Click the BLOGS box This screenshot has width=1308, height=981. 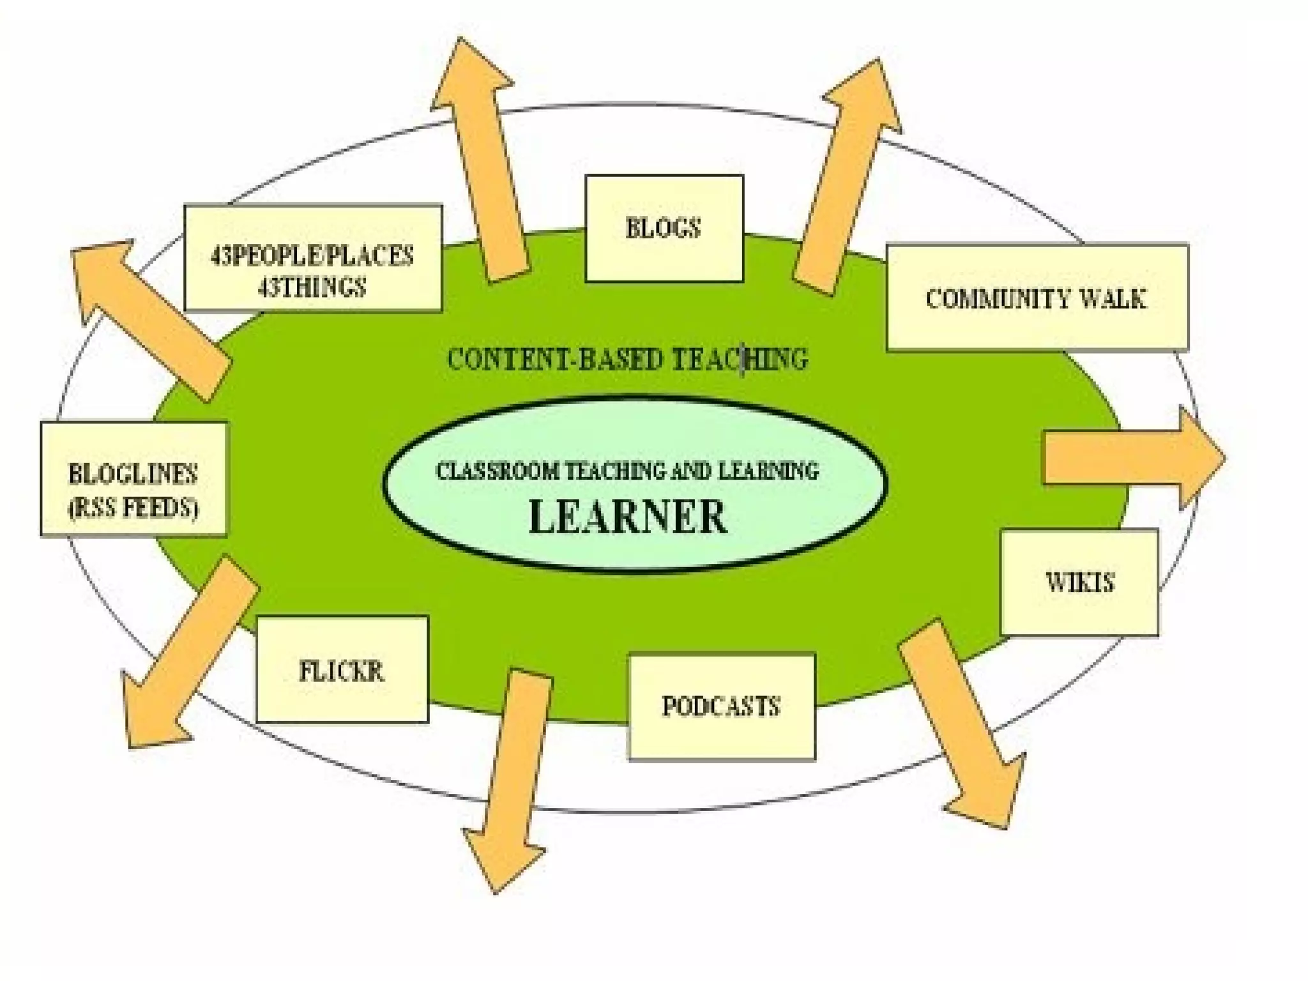tap(664, 229)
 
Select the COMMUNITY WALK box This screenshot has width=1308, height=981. tap(1037, 298)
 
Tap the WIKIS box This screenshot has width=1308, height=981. tap(1079, 582)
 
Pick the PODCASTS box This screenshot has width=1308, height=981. tap(722, 706)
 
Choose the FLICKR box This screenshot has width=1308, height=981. tap(342, 669)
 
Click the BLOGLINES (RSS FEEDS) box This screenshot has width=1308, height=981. tap(133, 478)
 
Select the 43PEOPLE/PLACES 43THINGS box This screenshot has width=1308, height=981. tap(313, 258)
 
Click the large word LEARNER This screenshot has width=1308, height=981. tap(628, 517)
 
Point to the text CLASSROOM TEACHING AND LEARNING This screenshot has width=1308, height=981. tap(627, 471)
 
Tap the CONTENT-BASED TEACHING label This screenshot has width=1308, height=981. tap(627, 359)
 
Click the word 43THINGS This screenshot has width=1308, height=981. tap(312, 287)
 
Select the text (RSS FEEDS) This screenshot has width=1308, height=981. tap(133, 508)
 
